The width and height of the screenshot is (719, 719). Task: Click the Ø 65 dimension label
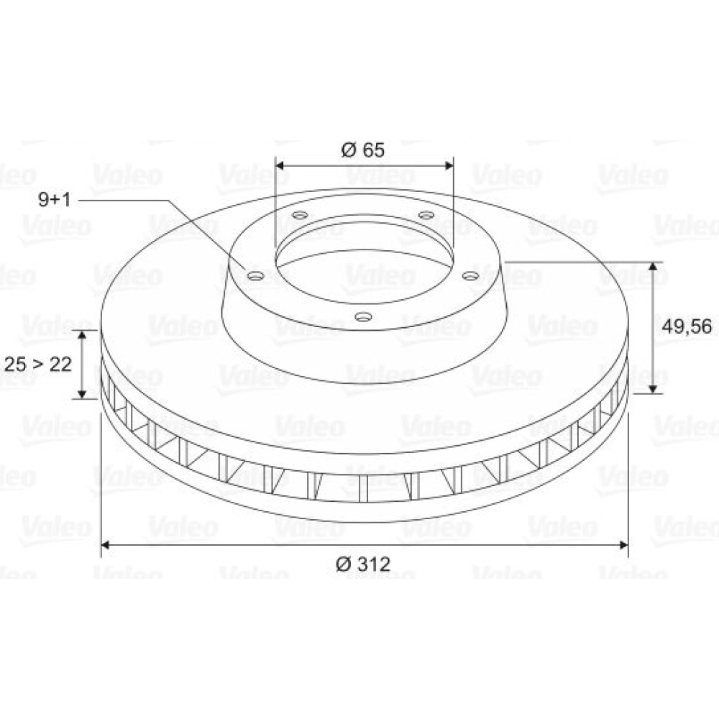pos(362,150)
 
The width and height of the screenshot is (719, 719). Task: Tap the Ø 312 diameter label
pos(363,564)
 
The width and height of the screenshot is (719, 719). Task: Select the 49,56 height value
pos(687,326)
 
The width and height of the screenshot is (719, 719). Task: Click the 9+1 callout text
pos(55,199)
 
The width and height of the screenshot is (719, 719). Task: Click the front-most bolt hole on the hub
pos(363,316)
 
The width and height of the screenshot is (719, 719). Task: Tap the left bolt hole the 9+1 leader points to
pos(255,276)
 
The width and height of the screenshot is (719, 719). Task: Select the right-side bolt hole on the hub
pos(470,275)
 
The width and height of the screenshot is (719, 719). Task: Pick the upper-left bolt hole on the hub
pos(300,214)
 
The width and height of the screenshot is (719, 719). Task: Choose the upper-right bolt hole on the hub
pos(426,214)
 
